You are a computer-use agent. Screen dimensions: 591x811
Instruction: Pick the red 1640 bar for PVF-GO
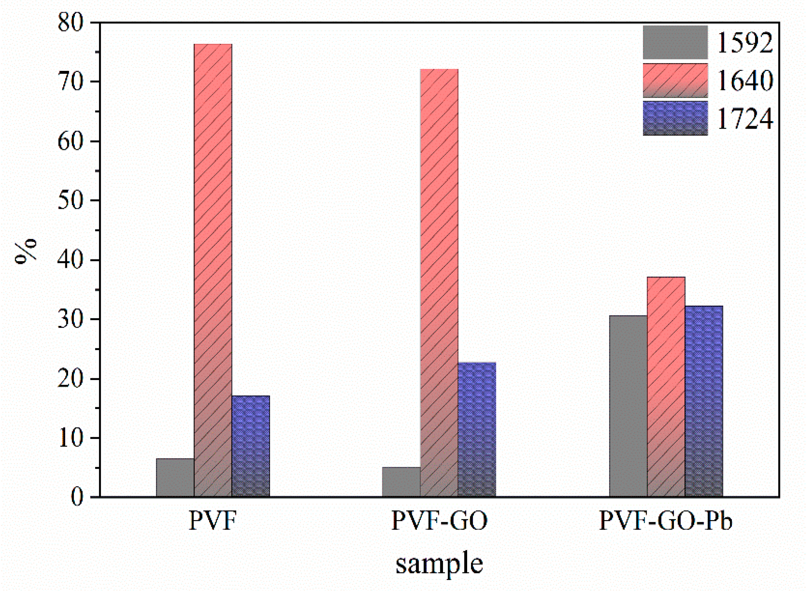pyautogui.click(x=439, y=282)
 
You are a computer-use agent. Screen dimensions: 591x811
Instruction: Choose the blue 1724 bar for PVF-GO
pyautogui.click(x=477, y=429)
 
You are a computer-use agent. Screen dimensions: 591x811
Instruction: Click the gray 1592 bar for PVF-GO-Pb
pyautogui.click(x=628, y=406)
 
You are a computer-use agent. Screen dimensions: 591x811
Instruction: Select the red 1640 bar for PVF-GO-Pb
pyautogui.click(x=666, y=387)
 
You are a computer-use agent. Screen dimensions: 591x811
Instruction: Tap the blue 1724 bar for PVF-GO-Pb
pyautogui.click(x=704, y=401)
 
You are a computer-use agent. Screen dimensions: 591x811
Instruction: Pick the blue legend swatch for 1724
pyautogui.click(x=675, y=118)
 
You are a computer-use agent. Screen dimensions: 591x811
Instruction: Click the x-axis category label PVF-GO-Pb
pyautogui.click(x=666, y=521)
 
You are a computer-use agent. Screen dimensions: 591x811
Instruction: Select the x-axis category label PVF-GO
pyautogui.click(x=439, y=521)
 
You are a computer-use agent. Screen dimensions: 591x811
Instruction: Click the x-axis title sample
pyautogui.click(x=439, y=565)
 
